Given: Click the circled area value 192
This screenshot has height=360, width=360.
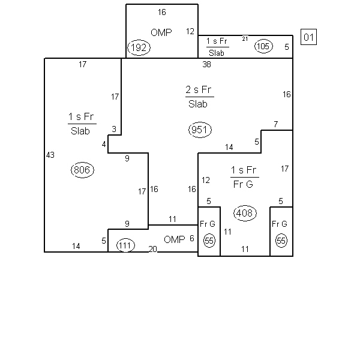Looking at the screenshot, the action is pyautogui.click(x=139, y=48).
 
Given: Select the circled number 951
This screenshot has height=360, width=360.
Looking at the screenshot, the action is pyautogui.click(x=200, y=130).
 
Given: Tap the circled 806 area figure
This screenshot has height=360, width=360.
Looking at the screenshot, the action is pyautogui.click(x=82, y=170).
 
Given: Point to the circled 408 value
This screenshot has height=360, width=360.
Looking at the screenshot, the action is pyautogui.click(x=245, y=213).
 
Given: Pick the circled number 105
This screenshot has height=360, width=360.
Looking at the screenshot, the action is pyautogui.click(x=263, y=46).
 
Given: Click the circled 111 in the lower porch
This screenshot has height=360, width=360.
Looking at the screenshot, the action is pyautogui.click(x=125, y=245).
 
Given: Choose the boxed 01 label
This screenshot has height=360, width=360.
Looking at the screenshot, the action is pyautogui.click(x=308, y=37).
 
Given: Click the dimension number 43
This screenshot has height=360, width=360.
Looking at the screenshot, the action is pyautogui.click(x=50, y=155).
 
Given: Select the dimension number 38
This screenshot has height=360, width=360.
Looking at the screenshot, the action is pyautogui.click(x=206, y=64).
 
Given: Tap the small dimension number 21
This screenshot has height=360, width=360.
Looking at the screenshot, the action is pyautogui.click(x=245, y=39).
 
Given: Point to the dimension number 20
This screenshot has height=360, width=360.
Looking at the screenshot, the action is pyautogui.click(x=152, y=249).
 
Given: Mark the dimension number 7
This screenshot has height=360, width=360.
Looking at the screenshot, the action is pyautogui.click(x=276, y=124).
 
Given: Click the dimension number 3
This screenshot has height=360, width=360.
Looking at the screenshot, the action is pyautogui.click(x=114, y=129).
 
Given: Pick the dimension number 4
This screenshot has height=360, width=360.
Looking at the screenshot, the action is pyautogui.click(x=104, y=145).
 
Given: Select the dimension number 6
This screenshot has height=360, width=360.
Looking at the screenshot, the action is pyautogui.click(x=192, y=238).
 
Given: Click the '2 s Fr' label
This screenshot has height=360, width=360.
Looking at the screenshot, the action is pyautogui.click(x=199, y=89).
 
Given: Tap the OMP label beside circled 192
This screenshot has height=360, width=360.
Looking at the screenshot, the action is pyautogui.click(x=161, y=32).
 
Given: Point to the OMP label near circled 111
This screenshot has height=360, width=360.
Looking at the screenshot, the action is pyautogui.click(x=175, y=239).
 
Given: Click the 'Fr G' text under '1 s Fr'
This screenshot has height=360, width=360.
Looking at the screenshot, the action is pyautogui.click(x=243, y=184).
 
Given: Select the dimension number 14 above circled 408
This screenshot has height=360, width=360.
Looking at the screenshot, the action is pyautogui.click(x=229, y=147).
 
